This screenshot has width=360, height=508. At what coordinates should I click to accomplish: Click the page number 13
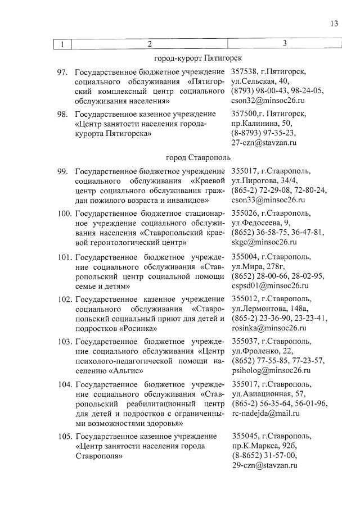pyautogui.click(x=335, y=24)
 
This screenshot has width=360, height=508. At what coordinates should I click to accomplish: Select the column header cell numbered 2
pyautogui.click(x=150, y=44)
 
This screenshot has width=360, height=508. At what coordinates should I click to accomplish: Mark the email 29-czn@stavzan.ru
pyautogui.click(x=264, y=465)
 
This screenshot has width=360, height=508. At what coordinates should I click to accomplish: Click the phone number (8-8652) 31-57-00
pyautogui.click(x=264, y=456)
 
